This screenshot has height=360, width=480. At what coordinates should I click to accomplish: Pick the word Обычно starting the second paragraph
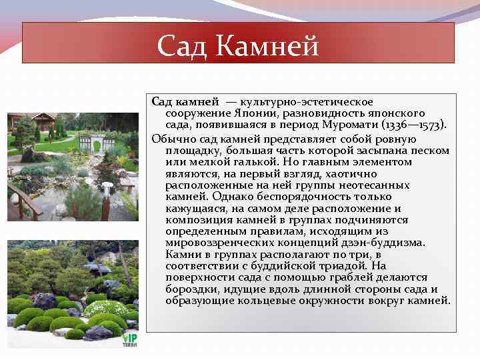(x=171, y=139)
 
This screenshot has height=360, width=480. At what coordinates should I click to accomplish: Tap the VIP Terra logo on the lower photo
(x=130, y=337)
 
